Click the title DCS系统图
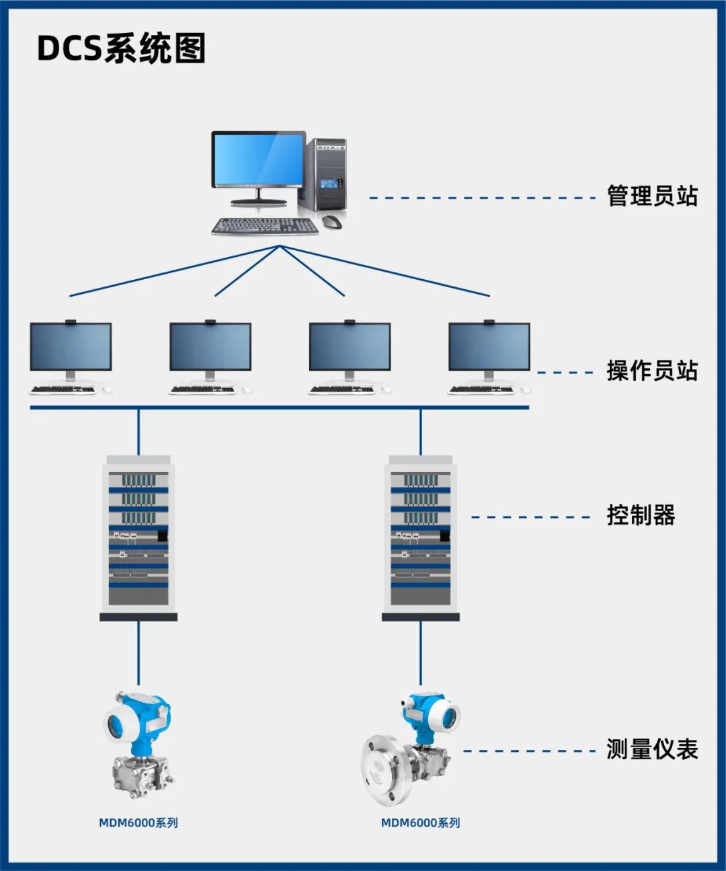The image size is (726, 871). (x=121, y=48)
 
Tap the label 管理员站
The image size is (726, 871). (x=652, y=196)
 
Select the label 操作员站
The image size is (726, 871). (x=652, y=371)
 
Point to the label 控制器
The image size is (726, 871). (x=641, y=516)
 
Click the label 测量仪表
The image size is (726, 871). (x=652, y=749)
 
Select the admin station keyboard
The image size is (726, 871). (x=265, y=227)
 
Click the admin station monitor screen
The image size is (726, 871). (x=258, y=159)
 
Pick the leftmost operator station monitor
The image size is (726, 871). (x=71, y=346)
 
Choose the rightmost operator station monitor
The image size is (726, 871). (x=489, y=346)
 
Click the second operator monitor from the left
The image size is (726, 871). (x=210, y=346)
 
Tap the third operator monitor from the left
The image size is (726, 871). (x=350, y=346)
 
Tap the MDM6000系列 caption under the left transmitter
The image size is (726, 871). (x=138, y=823)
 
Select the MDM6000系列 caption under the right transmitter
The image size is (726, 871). (x=421, y=823)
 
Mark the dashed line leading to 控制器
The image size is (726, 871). (x=531, y=517)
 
